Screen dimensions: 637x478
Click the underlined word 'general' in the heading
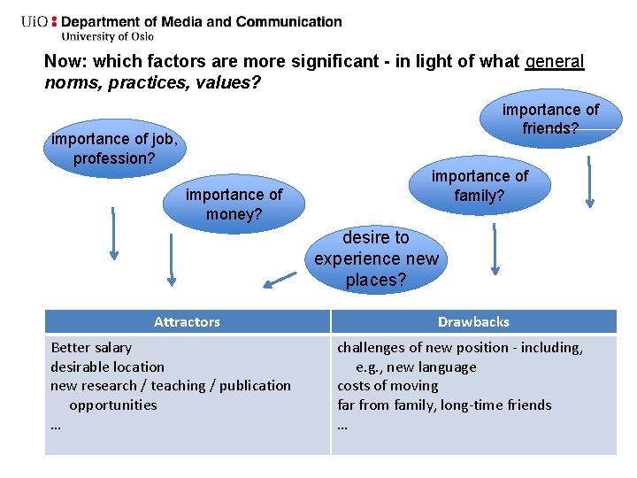pos(555,62)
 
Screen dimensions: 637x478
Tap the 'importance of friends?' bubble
pos(550,119)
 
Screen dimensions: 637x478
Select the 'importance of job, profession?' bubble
pos(115,149)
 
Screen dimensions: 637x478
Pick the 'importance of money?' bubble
pos(234,204)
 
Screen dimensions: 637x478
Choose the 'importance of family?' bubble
pos(480,186)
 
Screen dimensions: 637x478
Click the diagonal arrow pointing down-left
pos(280,281)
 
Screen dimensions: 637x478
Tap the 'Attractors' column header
pos(187,321)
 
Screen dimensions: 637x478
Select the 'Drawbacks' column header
pos(473,321)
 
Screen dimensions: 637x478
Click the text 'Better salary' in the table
pos(91,348)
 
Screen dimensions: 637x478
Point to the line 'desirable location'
pos(107,366)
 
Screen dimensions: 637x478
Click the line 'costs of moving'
pos(388,386)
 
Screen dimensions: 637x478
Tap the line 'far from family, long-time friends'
pos(444,405)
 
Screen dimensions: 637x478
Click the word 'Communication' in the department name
pos(286,21)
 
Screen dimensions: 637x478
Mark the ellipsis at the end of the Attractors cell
pos(56,424)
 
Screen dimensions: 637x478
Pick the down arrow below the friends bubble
pos(588,181)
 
